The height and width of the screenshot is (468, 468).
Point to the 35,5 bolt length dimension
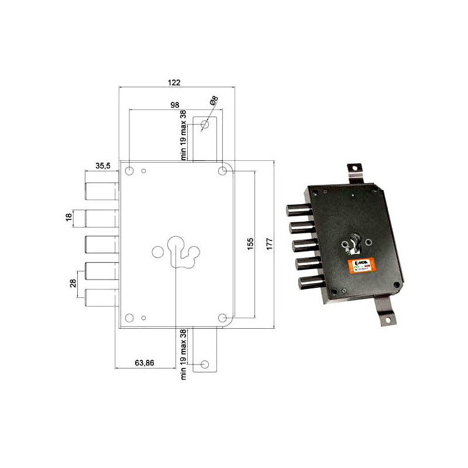(103, 166)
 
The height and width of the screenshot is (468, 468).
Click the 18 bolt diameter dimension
(69, 218)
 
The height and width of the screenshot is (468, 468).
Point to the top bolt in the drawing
(102, 191)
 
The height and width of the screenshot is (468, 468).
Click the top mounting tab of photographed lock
(355, 170)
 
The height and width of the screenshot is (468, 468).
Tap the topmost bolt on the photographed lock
(300, 210)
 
